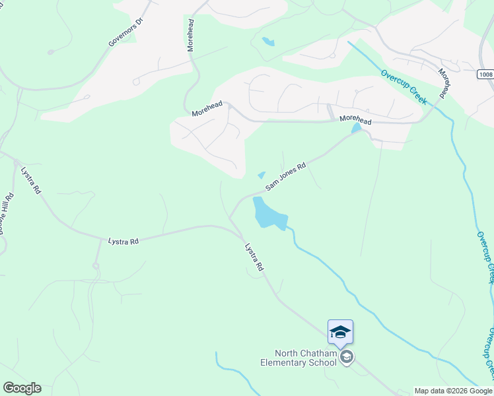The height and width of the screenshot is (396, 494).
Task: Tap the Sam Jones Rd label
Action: point(286,177)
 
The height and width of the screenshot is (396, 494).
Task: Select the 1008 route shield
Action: point(485,75)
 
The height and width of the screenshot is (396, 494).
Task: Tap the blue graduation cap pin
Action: point(340,331)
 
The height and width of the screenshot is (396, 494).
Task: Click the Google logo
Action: point(22,388)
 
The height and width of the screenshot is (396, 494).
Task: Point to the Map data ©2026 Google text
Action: point(453,391)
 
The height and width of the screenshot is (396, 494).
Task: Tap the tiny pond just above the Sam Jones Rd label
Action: point(262,175)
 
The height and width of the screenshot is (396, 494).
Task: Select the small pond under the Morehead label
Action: point(357,127)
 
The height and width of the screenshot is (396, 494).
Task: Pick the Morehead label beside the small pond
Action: point(355,120)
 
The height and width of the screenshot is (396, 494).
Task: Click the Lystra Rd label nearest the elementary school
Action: point(254,258)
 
